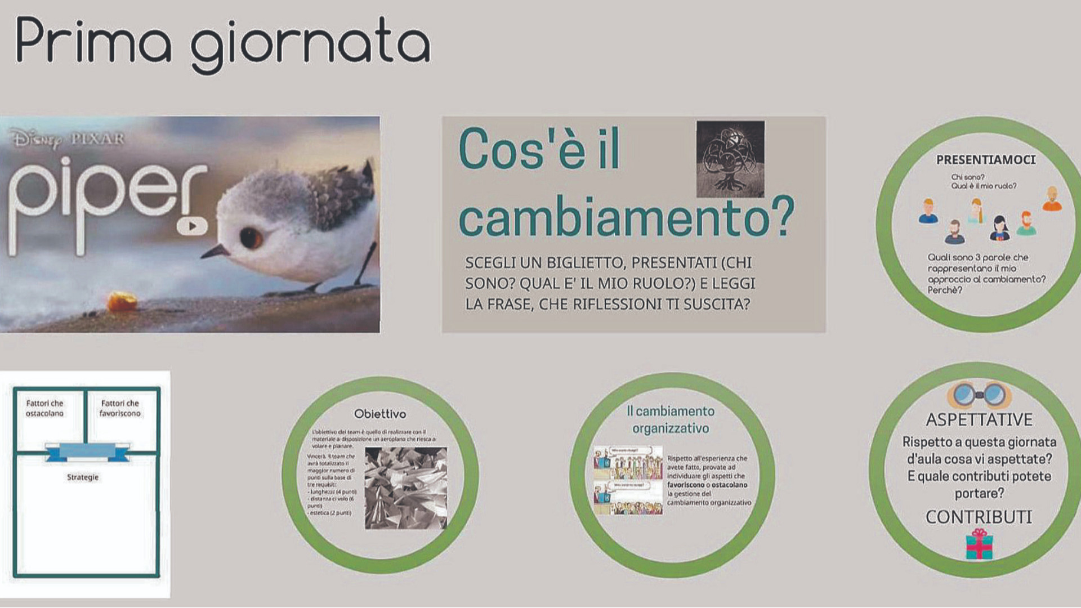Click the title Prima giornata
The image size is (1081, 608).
tap(222, 42)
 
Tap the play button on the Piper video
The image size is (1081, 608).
tap(192, 226)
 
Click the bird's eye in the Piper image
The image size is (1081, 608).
tap(251, 238)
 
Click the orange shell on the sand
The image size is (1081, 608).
tap(122, 301)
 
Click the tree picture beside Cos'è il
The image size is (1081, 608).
tap(730, 159)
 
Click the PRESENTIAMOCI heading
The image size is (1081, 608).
tap(985, 160)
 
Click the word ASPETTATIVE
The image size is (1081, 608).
tap(979, 420)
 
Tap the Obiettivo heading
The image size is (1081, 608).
tap(379, 414)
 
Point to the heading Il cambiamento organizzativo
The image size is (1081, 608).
tap(671, 419)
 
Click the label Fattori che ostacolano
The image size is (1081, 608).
tap(44, 408)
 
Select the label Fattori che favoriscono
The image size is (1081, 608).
tap(120, 408)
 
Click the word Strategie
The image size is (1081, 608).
tap(83, 477)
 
